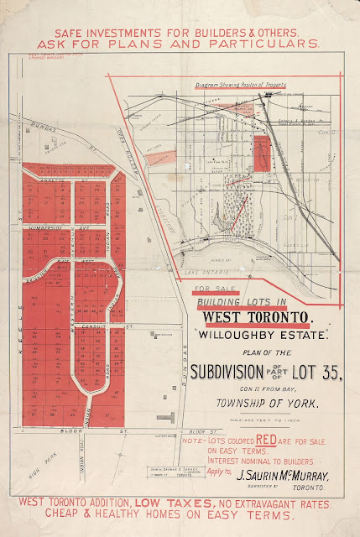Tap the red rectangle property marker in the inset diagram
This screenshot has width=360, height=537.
point(260,153)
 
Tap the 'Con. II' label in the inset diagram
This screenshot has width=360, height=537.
point(329,133)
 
